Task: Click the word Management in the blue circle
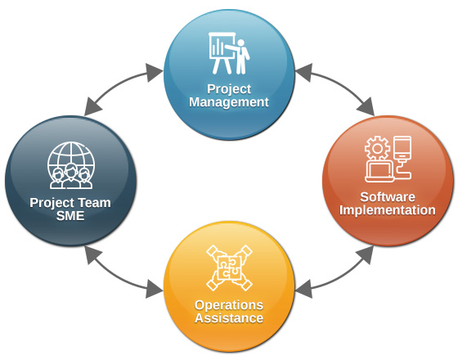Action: tap(229, 102)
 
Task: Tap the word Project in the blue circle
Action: tap(229, 89)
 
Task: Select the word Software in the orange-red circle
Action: tap(388, 197)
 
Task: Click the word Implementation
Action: tap(388, 210)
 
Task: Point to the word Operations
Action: tap(229, 305)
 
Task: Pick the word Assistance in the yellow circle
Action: tap(229, 318)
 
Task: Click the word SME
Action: tap(70, 216)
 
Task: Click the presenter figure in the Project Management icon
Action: tap(240, 56)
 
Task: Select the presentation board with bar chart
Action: tap(222, 52)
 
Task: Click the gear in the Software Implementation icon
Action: tap(377, 148)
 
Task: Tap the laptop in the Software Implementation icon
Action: tap(379, 172)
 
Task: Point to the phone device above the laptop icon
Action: tap(402, 148)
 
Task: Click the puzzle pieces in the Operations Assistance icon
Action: tap(230, 268)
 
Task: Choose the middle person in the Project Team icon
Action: tap(71, 176)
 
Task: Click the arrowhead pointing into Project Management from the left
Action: tap(155, 73)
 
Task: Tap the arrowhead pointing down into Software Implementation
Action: tap(366, 107)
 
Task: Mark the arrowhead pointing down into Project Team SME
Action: tap(92, 107)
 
